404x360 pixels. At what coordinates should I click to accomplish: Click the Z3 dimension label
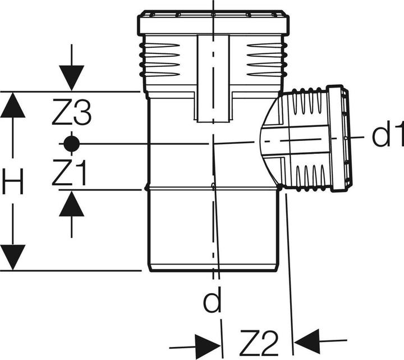click(71, 115)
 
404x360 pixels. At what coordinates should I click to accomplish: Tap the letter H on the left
click(13, 183)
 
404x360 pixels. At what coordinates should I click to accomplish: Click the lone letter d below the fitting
click(213, 303)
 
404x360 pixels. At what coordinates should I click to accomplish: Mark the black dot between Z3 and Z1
click(71, 144)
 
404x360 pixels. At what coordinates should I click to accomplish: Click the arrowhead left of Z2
click(208, 341)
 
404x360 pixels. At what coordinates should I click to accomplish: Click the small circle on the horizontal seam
click(213, 187)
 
